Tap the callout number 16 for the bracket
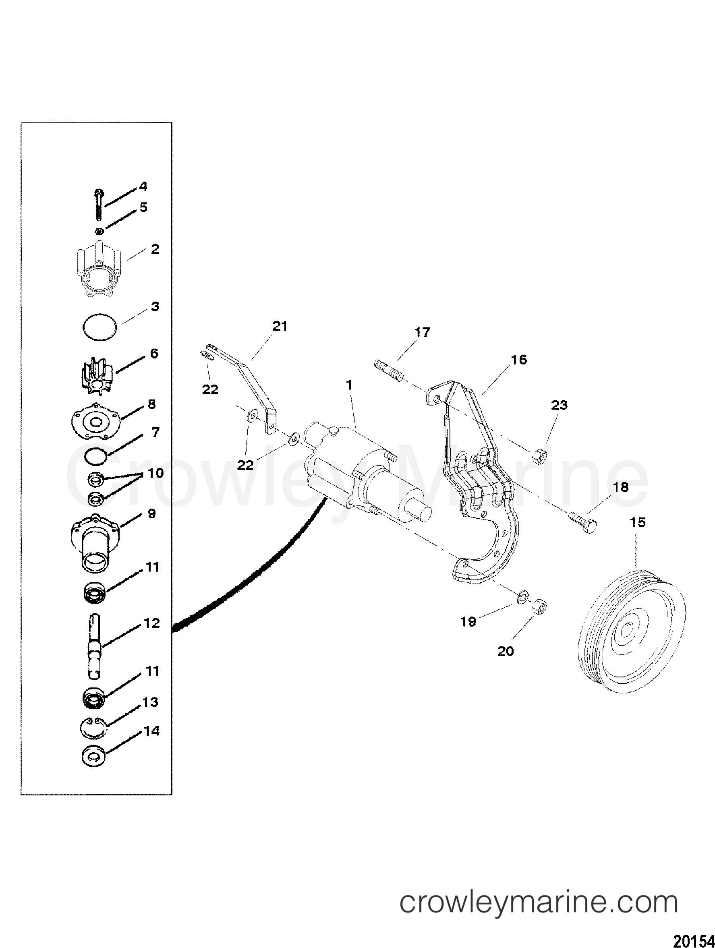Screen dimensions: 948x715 coord(519,359)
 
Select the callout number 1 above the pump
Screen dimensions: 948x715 coord(349,385)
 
